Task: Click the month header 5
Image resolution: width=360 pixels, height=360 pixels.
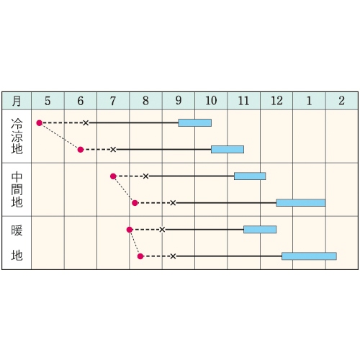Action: click(48, 101)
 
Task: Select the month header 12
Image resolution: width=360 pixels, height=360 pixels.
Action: click(276, 101)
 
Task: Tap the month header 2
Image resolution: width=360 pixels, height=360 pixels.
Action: click(342, 101)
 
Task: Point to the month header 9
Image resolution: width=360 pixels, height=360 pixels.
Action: click(179, 101)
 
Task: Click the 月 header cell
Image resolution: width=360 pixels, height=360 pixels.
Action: click(17, 101)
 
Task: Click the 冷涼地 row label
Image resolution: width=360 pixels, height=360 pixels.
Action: click(17, 136)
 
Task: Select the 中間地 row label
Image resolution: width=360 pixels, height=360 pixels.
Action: click(17, 189)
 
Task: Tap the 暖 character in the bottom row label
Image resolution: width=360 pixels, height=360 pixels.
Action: click(17, 230)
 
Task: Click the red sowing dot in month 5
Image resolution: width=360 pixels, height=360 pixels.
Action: click(40, 123)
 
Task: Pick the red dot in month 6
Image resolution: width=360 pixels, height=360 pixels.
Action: click(81, 150)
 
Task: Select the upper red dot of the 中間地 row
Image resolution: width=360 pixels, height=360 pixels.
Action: click(113, 176)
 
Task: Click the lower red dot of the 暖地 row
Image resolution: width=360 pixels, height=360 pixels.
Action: click(140, 256)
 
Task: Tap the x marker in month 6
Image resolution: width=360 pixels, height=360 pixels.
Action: click(86, 123)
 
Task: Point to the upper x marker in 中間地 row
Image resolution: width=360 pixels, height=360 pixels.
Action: click(145, 176)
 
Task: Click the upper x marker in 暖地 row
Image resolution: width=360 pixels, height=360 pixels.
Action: click(162, 230)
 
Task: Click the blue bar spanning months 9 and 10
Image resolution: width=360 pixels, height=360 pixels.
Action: click(194, 122)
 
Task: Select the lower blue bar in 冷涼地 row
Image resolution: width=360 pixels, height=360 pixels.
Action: click(228, 149)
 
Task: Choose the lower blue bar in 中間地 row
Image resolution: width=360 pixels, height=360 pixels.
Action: click(301, 203)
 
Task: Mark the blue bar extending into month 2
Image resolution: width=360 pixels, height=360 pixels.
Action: click(309, 256)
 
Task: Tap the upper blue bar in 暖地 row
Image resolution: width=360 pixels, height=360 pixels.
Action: click(260, 230)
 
